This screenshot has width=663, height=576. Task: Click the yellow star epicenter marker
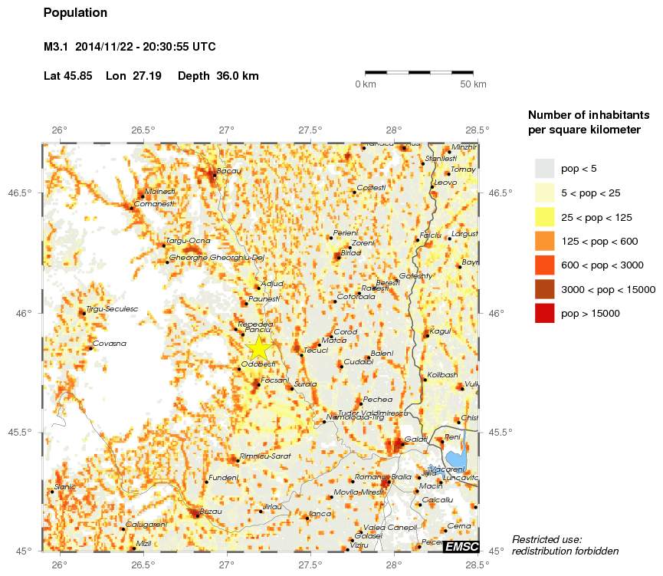pyautogui.click(x=260, y=347)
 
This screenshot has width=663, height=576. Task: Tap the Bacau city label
pyautogui.click(x=229, y=171)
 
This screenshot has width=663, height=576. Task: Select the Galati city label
pyautogui.click(x=416, y=439)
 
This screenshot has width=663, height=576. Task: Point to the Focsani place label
pyautogui.click(x=275, y=380)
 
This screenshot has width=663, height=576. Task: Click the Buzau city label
pyautogui.click(x=211, y=511)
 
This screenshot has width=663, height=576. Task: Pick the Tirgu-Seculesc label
pyautogui.click(x=112, y=309)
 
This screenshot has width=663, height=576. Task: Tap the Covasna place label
pyautogui.click(x=109, y=344)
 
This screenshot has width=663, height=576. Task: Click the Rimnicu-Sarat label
pyautogui.click(x=265, y=456)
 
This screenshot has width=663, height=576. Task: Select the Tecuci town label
pyautogui.click(x=316, y=351)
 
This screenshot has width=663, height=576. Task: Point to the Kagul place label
pyautogui.click(x=441, y=331)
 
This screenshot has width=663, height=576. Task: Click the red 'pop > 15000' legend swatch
pyautogui.click(x=544, y=313)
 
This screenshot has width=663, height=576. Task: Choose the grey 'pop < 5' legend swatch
pyautogui.click(x=544, y=168)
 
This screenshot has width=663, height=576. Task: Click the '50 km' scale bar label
pyautogui.click(x=473, y=84)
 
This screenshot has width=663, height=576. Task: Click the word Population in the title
pyautogui.click(x=75, y=13)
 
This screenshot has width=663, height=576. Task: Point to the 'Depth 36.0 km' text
pyautogui.click(x=218, y=76)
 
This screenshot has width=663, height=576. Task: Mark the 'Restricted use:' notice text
pyautogui.click(x=546, y=539)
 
